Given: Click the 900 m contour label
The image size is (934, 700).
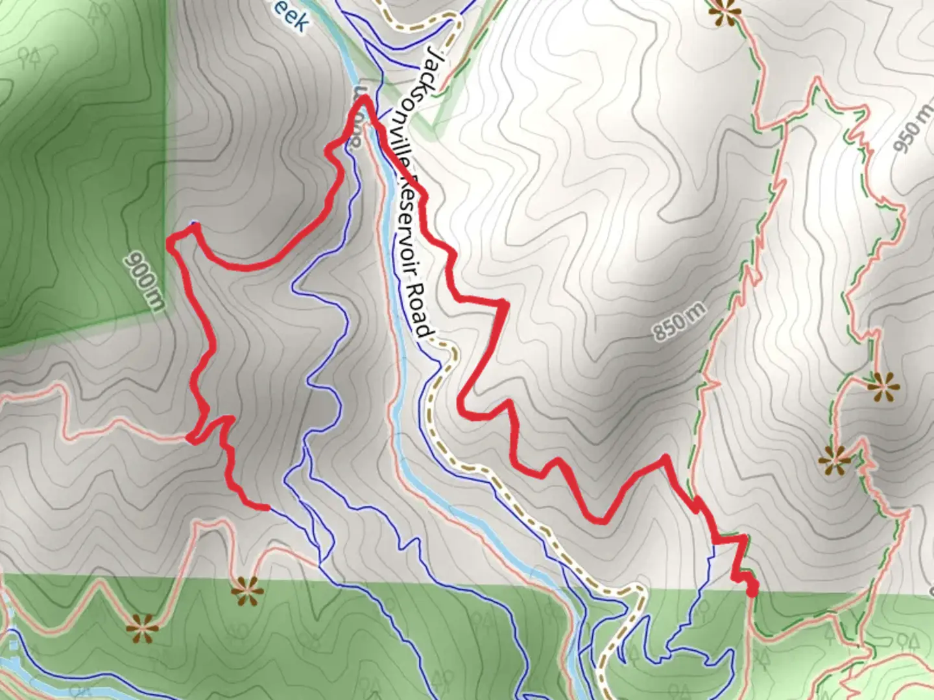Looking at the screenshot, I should tap(143, 281).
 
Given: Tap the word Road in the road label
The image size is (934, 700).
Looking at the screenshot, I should tap(422, 312).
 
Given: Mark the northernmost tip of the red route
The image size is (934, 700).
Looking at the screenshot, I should tap(363, 98).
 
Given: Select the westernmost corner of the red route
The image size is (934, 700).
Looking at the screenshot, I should tap(171, 243).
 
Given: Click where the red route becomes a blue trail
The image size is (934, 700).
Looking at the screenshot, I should tap(267, 507).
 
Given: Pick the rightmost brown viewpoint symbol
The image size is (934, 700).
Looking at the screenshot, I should tap(883, 388).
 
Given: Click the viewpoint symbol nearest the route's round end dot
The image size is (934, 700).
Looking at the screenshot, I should tap(835, 460).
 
